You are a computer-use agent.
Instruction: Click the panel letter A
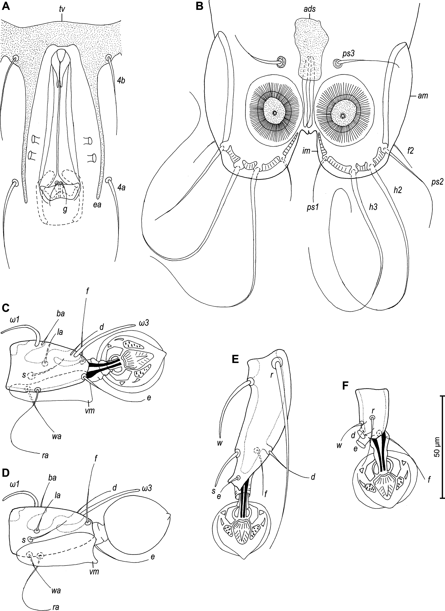tap(6, 6)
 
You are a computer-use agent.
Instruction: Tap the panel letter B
tap(200, 6)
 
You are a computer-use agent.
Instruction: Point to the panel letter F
tap(346, 386)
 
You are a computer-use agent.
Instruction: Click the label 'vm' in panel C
tap(90, 411)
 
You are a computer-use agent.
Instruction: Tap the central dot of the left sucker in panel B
tap(274, 113)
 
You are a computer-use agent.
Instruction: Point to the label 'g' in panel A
tap(65, 209)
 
